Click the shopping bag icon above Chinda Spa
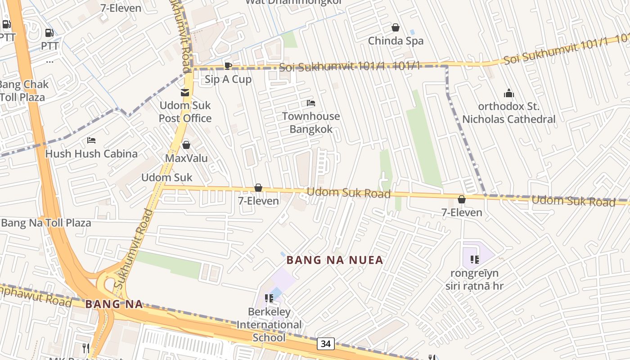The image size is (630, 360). [x=396, y=28]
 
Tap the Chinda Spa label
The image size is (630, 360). [x=396, y=41]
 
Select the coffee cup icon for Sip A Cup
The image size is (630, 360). [x=228, y=66]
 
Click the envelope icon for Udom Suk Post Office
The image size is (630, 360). [x=185, y=93]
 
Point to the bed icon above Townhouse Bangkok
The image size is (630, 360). [x=311, y=103]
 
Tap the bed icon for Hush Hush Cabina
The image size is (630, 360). [x=91, y=140]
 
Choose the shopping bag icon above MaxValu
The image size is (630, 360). [x=186, y=145]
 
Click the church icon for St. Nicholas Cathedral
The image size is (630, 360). [x=509, y=94]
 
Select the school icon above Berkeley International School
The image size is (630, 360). [x=269, y=298]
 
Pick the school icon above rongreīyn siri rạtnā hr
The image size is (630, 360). [x=474, y=259]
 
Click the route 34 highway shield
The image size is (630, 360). [x=326, y=344]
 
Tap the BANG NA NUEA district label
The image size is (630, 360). [x=335, y=260]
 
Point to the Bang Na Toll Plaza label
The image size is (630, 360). [x=46, y=223]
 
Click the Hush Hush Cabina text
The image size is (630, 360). [x=91, y=153]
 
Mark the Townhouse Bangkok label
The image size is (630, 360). [x=311, y=123]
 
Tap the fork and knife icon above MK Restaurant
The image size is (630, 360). [x=86, y=348]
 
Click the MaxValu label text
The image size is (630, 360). [x=186, y=158]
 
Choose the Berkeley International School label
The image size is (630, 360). [x=269, y=324]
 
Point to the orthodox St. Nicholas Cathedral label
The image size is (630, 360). [x=509, y=113]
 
